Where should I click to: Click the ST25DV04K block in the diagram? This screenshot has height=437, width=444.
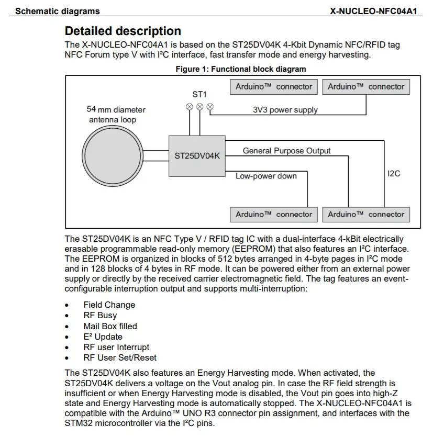pyautogui.click(x=197, y=155)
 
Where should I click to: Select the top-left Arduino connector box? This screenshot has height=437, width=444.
pyautogui.click(x=273, y=87)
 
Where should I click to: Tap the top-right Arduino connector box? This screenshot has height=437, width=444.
pyautogui.click(x=365, y=87)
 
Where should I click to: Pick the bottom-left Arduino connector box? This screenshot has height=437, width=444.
pyautogui.click(x=273, y=214)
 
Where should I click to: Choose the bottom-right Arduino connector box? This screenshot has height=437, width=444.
pyautogui.click(x=365, y=214)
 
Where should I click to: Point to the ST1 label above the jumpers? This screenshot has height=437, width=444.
pyautogui.click(x=199, y=95)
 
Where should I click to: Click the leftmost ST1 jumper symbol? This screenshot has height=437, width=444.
pyautogui.click(x=190, y=107)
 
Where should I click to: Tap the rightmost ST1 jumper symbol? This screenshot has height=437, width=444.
pyautogui.click(x=210, y=107)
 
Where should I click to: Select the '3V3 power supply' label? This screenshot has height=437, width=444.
pyautogui.click(x=285, y=110)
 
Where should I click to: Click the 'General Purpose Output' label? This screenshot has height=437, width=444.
pyautogui.click(x=286, y=151)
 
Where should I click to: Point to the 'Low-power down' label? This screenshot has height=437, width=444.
pyautogui.click(x=266, y=176)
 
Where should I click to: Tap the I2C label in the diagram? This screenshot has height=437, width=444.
pyautogui.click(x=394, y=173)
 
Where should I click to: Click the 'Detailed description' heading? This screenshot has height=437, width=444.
pyautogui.click(x=123, y=31)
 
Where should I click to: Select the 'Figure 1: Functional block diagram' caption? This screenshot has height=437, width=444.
pyautogui.click(x=240, y=69)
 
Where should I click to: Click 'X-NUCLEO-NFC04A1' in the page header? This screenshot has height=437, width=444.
pyautogui.click(x=373, y=10)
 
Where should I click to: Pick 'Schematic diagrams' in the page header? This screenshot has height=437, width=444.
pyautogui.click(x=58, y=10)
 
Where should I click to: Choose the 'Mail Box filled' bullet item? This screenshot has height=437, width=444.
pyautogui.click(x=110, y=326)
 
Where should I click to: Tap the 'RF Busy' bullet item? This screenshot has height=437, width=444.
pyautogui.click(x=100, y=316)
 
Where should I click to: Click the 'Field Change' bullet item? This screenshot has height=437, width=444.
pyautogui.click(x=109, y=305)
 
